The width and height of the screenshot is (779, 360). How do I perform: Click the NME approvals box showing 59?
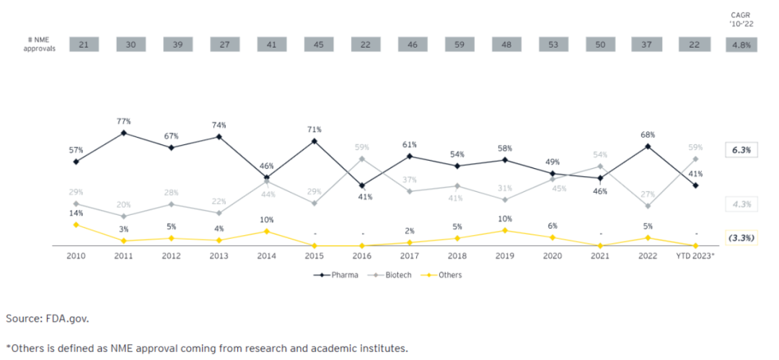459,44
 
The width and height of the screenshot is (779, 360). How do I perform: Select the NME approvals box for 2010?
84,44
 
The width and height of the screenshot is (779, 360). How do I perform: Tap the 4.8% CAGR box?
741,44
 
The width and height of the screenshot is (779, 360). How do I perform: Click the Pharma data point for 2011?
123,133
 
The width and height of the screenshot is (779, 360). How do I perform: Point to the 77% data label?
123,121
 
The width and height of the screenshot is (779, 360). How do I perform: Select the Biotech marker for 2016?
361,159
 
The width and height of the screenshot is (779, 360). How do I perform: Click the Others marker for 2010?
76,224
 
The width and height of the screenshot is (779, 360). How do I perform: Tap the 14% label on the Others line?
76,213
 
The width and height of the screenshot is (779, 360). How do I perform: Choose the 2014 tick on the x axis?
267,256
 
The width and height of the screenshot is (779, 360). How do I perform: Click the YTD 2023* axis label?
695,256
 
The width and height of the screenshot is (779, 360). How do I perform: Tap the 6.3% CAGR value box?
741,151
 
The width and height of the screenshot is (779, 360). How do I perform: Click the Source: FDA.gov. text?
48,317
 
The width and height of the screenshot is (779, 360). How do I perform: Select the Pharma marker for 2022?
649,146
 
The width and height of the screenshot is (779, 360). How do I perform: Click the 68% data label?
649,134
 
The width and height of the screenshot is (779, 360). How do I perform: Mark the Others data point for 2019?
505,230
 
